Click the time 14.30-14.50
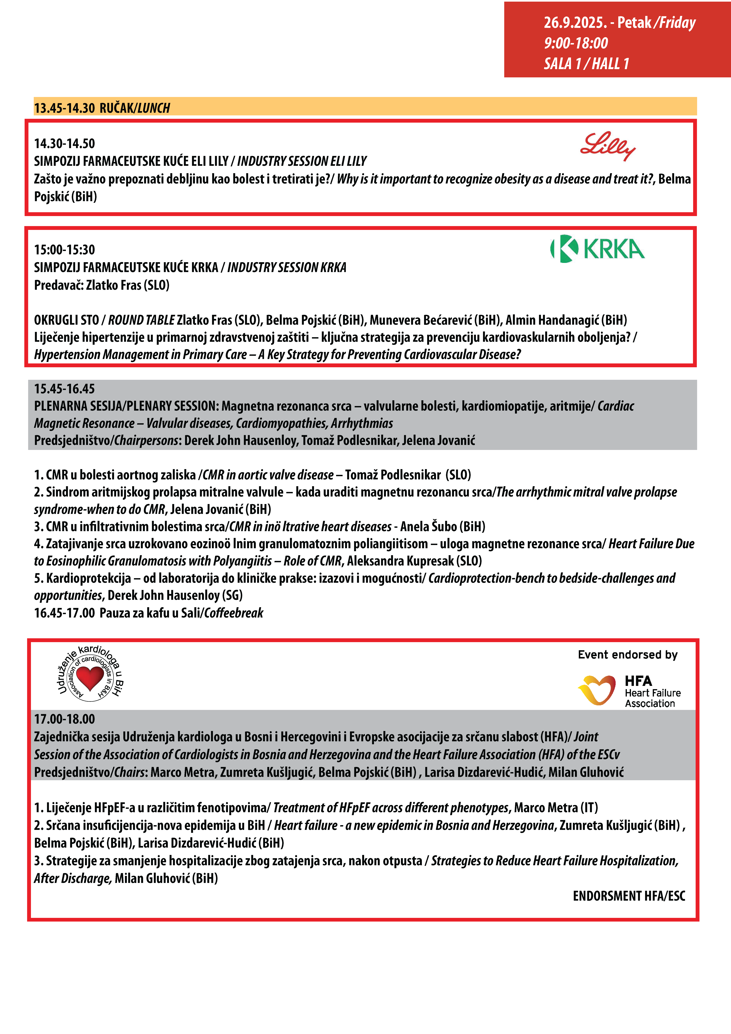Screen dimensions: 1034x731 point(64,144)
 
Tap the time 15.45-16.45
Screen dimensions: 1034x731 point(64,389)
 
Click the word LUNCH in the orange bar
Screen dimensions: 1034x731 point(154,108)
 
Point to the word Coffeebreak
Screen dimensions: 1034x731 point(234,613)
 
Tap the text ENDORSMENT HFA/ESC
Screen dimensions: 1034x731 point(629,896)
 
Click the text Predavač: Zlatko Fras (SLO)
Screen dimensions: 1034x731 point(102,285)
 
